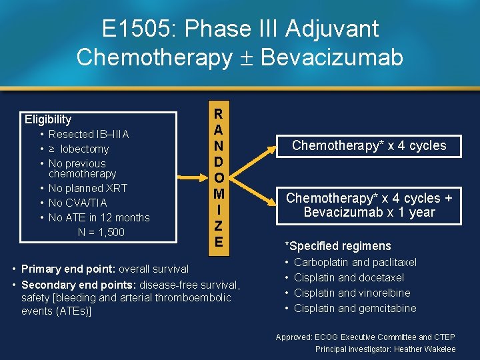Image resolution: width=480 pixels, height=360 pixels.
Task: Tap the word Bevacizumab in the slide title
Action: point(332,57)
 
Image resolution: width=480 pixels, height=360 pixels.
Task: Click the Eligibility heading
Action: point(48,119)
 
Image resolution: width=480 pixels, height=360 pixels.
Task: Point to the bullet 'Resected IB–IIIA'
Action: point(89,134)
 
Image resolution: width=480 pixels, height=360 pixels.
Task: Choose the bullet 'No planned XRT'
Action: point(87,188)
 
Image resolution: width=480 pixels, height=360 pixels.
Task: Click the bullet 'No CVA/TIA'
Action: point(77,203)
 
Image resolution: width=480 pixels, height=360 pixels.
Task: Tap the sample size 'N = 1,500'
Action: point(101,232)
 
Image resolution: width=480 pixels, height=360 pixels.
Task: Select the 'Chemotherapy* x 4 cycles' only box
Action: point(369,145)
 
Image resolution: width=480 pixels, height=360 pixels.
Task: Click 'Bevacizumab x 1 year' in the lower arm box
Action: point(369,213)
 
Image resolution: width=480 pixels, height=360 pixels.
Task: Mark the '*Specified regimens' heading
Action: point(337,246)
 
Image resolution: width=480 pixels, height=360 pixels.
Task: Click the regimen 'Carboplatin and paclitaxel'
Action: point(355,263)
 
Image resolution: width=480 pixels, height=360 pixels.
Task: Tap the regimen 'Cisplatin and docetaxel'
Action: point(349,277)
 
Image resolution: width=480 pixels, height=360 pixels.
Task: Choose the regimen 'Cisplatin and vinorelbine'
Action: point(352,293)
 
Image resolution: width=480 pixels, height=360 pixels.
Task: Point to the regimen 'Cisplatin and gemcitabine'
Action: point(355,308)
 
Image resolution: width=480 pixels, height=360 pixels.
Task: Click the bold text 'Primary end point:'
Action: point(69,269)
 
